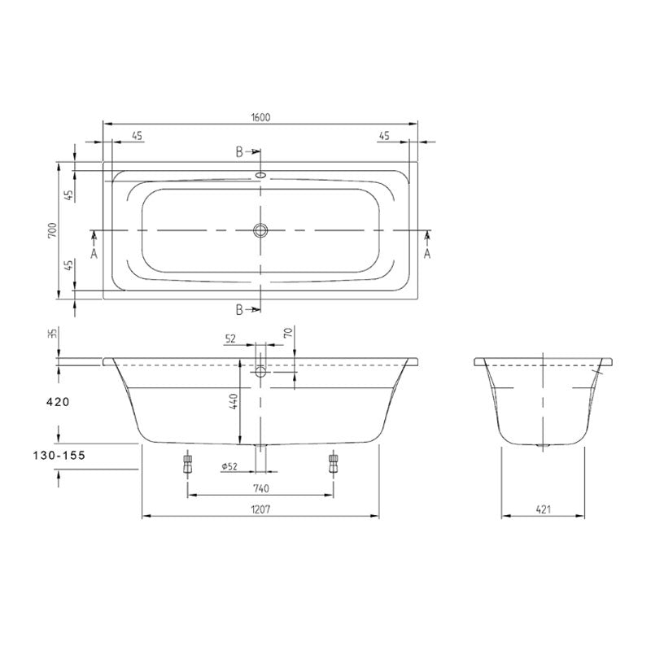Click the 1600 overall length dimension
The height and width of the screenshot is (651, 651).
pyautogui.click(x=260, y=117)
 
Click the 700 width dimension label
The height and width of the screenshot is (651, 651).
pyautogui.click(x=51, y=230)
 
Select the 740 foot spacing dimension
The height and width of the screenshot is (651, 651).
pyautogui.click(x=260, y=488)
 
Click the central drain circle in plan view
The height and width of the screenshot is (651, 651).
pyautogui.click(x=260, y=230)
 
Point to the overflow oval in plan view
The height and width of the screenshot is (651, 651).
pyautogui.click(x=260, y=173)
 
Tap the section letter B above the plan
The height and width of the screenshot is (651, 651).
pyautogui.click(x=240, y=152)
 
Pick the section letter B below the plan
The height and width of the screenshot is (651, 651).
pyautogui.click(x=240, y=308)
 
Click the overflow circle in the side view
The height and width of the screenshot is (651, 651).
pyautogui.click(x=260, y=371)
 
